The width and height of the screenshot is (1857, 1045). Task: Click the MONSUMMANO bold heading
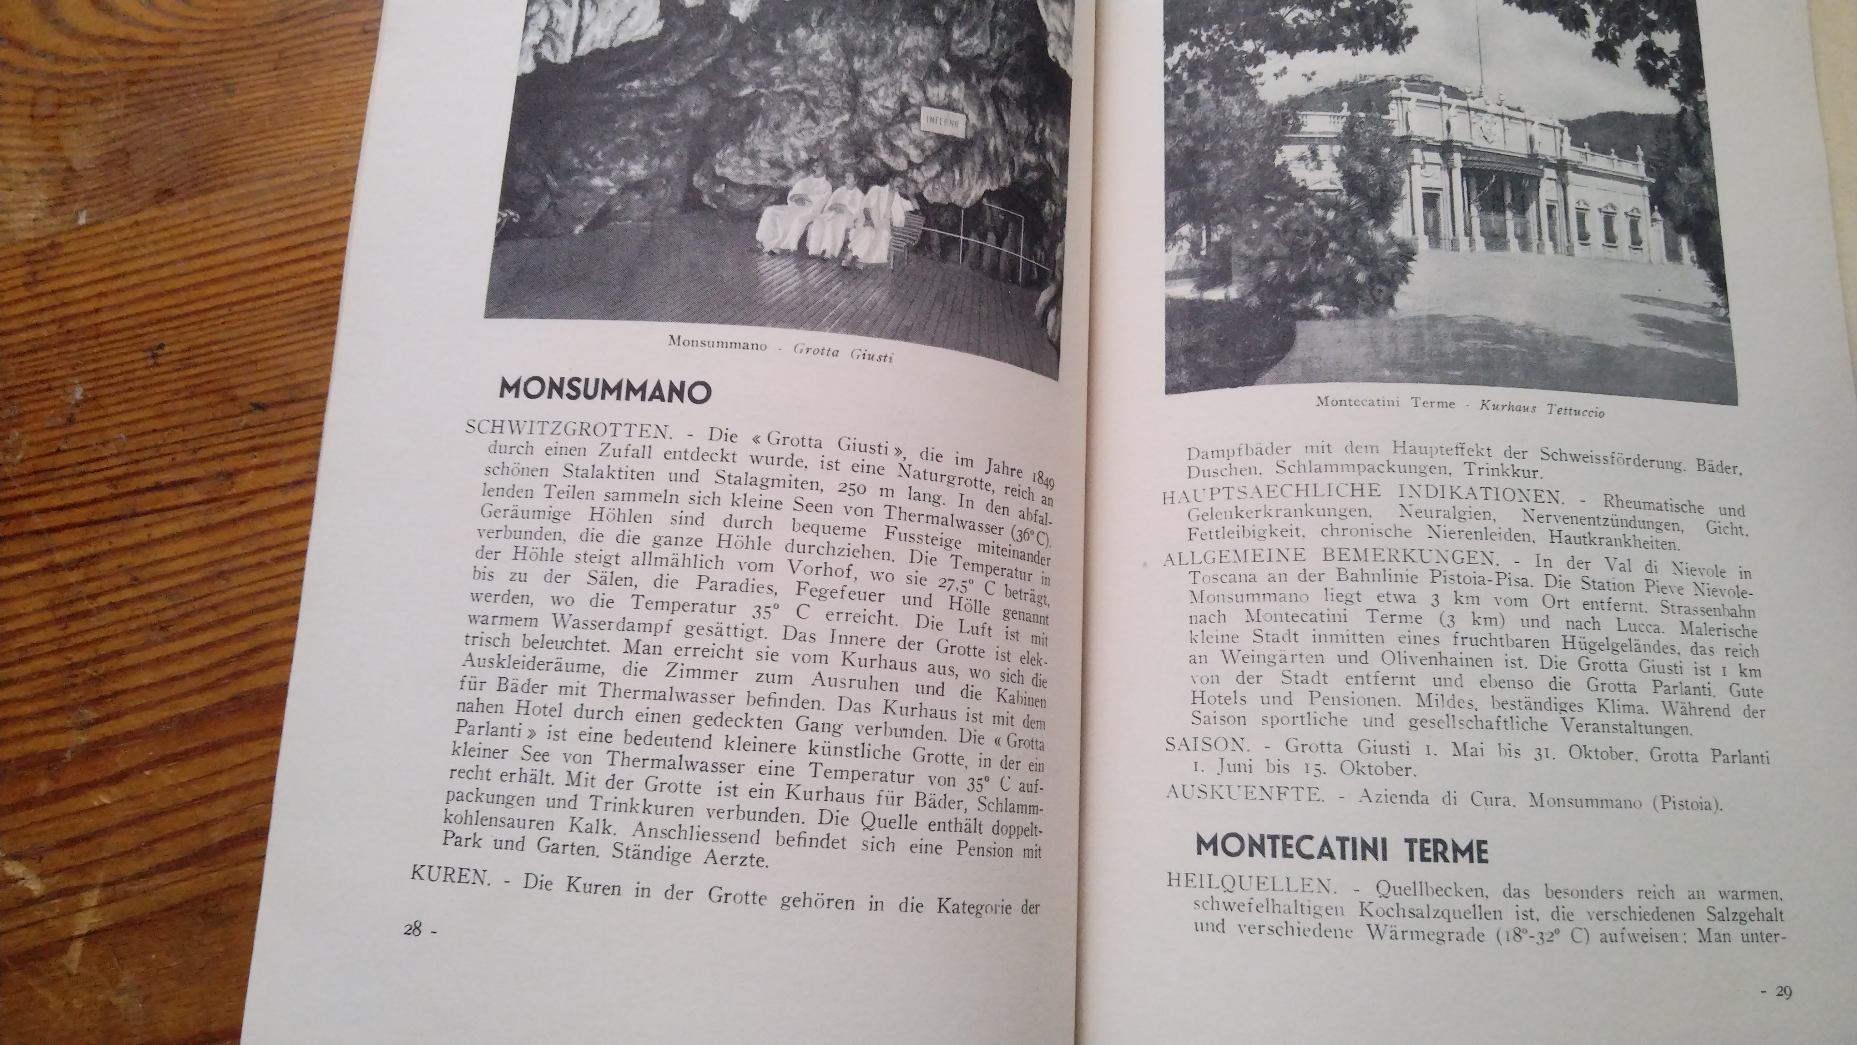coord(605,390)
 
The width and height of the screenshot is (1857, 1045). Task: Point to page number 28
coord(414,929)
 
